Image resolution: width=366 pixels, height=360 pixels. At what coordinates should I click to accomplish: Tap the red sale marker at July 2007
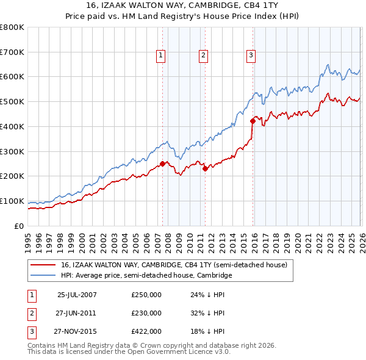[163, 163]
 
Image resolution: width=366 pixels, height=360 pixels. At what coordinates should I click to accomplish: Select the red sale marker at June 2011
[205, 168]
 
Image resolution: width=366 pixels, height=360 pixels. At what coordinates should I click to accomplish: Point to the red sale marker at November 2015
[253, 121]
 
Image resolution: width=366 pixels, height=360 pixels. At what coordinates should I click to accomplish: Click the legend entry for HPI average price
[146, 276]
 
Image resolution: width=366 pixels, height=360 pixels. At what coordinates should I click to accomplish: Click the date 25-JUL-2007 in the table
[77, 295]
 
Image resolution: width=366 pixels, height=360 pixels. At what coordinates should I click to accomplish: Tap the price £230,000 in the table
[146, 313]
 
